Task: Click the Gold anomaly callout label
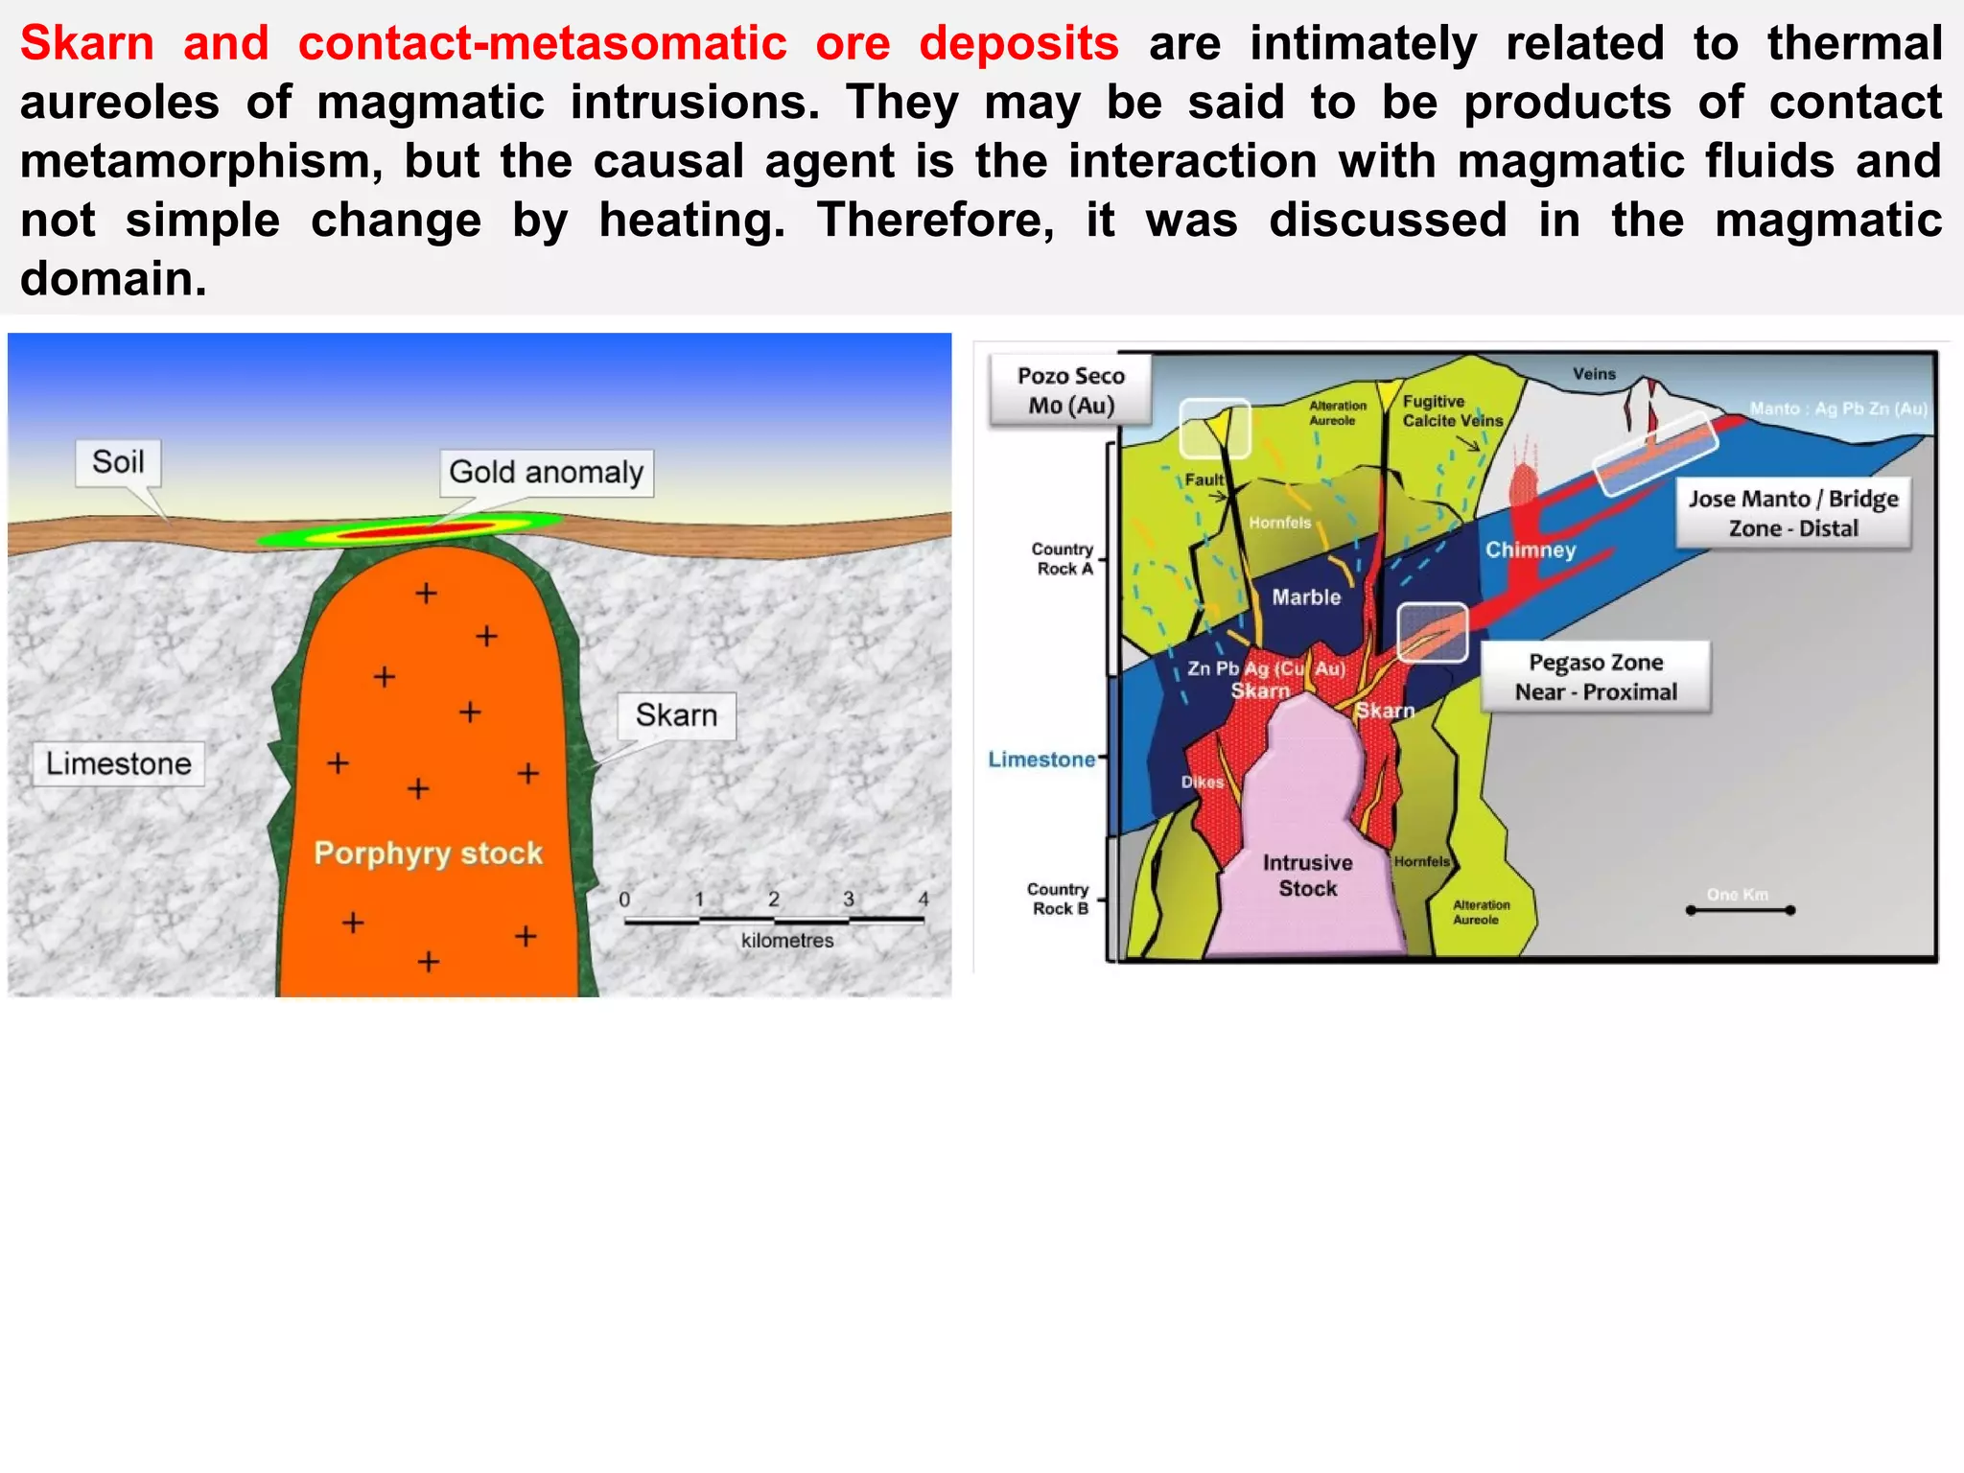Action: coord(546,473)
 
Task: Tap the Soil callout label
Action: coord(118,462)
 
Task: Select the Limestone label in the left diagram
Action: coord(119,763)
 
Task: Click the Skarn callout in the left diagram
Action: coord(676,715)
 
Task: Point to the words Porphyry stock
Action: coord(428,853)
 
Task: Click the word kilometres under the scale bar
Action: coord(787,941)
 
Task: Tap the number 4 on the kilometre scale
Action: coord(924,900)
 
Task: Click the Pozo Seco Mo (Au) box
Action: coord(1070,390)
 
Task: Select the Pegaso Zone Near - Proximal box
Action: coord(1596,677)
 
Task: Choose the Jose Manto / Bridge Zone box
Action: coord(1793,513)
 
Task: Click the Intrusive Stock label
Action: coord(1308,876)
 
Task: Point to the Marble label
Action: coord(1306,597)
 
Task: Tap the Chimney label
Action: coord(1531,550)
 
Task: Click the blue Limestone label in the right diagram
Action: coord(1041,760)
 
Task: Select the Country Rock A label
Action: coord(1063,558)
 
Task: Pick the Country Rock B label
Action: coord(1059,899)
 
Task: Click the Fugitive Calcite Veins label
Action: coord(1452,411)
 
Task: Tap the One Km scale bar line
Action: coord(1740,910)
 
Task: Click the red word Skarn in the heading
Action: coord(87,44)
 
